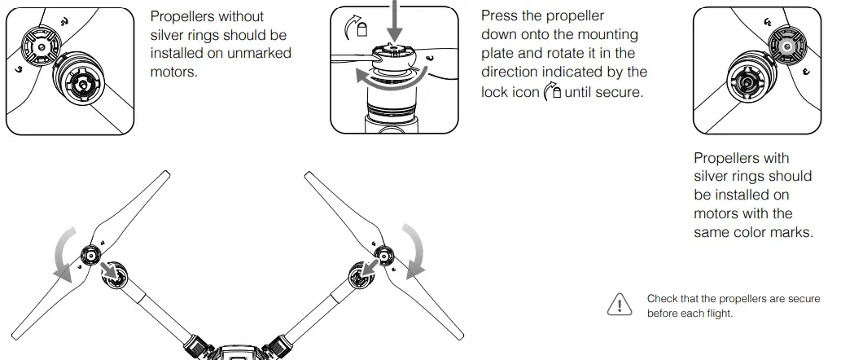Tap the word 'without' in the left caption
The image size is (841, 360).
240,17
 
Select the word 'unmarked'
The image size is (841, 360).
263,53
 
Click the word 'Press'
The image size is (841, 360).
501,17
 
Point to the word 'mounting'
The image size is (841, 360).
610,35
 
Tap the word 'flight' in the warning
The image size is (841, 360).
716,314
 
